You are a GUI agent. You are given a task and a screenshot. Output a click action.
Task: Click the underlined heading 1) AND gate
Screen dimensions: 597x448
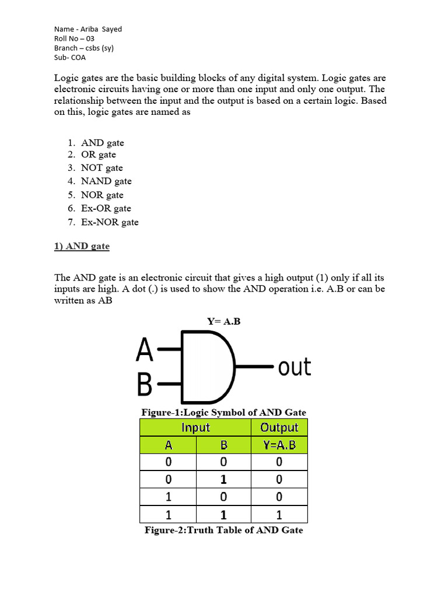click(82, 246)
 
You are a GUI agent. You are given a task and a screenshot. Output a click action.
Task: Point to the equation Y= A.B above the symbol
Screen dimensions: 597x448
click(223, 321)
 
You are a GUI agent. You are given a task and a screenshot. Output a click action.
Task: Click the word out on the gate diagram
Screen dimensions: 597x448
click(294, 367)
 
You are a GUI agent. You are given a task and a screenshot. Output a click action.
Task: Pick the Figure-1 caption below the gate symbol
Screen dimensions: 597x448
click(224, 412)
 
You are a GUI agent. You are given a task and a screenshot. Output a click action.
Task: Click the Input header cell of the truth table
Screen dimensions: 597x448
click(195, 427)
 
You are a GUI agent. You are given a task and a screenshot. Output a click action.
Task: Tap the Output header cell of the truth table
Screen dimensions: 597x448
click(279, 427)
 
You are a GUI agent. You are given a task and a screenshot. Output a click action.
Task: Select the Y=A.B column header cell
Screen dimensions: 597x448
click(279, 445)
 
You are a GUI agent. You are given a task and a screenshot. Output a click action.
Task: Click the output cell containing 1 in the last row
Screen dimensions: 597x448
click(279, 515)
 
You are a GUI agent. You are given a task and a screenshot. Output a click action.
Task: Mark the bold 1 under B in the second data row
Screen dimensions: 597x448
click(223, 480)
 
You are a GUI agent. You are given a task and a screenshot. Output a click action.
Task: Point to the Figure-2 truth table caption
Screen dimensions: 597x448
click(224, 530)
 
